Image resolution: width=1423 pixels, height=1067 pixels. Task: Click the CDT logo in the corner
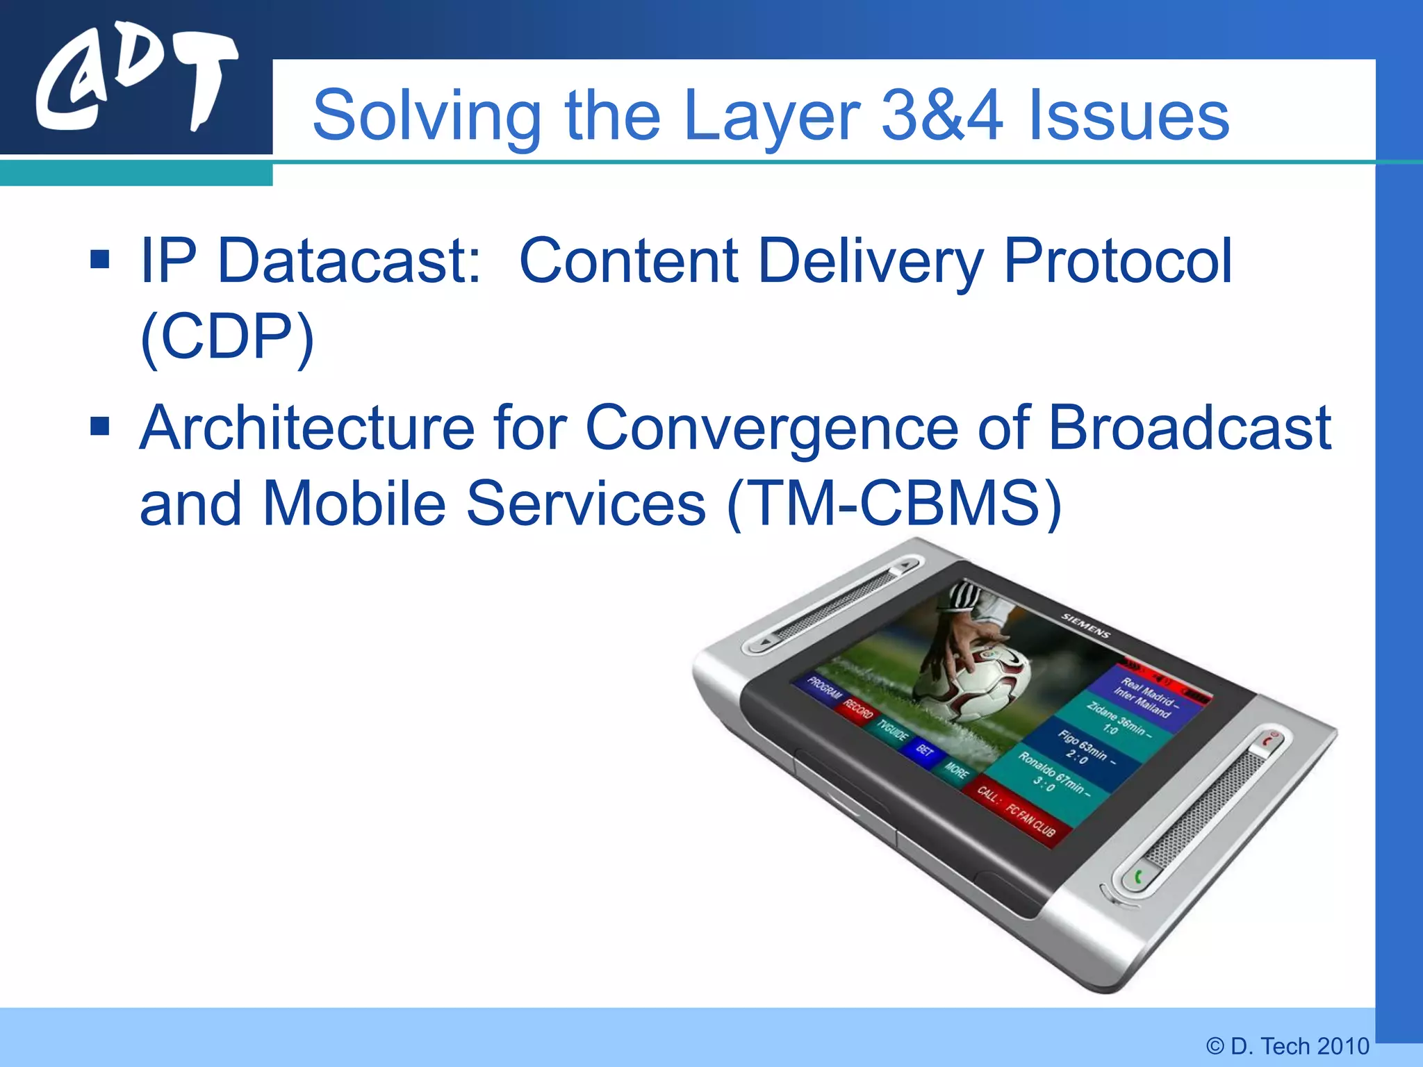[135, 82]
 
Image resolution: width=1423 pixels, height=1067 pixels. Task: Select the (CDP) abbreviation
[227, 336]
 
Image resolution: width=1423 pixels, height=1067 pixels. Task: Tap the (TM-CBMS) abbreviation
[894, 503]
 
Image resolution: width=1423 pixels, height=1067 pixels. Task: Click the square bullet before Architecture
[100, 426]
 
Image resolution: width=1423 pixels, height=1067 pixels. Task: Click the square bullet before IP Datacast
[100, 259]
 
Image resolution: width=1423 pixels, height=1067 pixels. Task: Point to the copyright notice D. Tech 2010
[1288, 1045]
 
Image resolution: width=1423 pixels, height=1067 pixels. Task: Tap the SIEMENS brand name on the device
[1085, 625]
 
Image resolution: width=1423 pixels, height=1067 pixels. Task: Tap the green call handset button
[1138, 878]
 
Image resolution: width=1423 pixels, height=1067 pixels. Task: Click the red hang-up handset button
[1269, 741]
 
